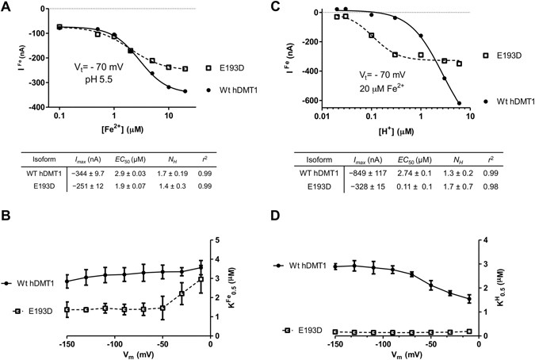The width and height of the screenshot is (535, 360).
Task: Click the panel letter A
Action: pyautogui.click(x=6, y=6)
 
